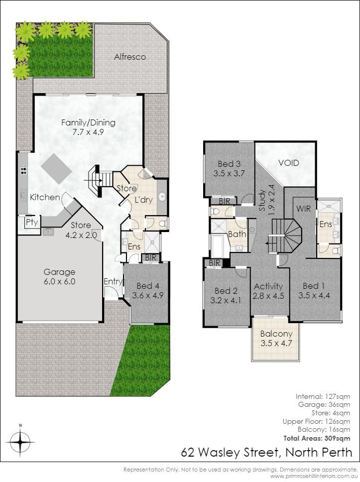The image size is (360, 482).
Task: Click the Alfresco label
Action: [130, 57]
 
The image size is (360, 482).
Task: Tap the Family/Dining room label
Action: [88, 127]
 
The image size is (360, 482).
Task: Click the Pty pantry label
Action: [32, 223]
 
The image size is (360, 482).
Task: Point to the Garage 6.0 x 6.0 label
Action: [59, 276]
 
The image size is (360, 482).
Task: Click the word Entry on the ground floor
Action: [113, 281]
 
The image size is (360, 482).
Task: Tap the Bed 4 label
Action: [148, 290]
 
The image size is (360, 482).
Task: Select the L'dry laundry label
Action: [143, 200]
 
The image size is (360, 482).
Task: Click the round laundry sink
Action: [162, 196]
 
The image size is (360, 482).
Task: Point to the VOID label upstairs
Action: [288, 163]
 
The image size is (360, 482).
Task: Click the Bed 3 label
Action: [229, 168]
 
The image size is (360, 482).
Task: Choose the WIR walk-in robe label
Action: [303, 209]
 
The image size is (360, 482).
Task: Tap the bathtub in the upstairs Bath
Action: [220, 246]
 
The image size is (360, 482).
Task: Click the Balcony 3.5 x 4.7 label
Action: [276, 339]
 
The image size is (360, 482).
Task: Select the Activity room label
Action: [268, 291]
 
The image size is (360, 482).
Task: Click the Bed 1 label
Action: [314, 290]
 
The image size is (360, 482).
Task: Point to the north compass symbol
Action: [20, 442]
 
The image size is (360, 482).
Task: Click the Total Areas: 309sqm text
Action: [317, 438]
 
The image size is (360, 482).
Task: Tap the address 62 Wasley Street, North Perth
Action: [266, 453]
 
